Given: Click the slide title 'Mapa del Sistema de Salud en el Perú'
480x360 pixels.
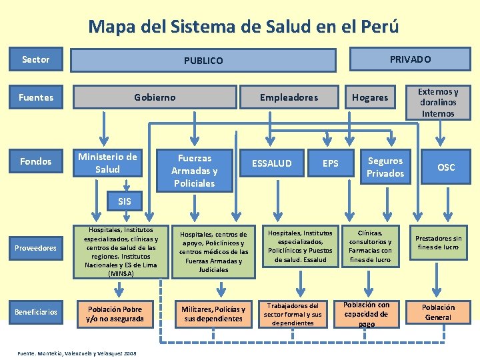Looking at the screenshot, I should coord(243,27).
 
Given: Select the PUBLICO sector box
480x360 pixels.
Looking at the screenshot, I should coord(203,61).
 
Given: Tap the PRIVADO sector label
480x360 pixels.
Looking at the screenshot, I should coord(410,59).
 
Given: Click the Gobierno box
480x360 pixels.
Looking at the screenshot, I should coord(155,97).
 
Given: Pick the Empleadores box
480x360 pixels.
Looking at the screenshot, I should coord(289,97).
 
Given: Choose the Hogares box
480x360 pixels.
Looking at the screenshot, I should coord(370,97).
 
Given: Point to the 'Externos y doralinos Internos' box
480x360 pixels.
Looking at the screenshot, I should coord(437,103).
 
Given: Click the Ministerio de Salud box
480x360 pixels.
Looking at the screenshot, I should coord(107,163).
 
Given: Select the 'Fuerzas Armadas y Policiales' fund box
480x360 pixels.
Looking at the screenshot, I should coord(194,171).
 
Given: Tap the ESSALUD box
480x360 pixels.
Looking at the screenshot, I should coord(271,163).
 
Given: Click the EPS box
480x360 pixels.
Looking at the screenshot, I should coord(330,163).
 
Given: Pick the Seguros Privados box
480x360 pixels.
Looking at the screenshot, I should coord(385,167).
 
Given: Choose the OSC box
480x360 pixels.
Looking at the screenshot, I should coord(446,167).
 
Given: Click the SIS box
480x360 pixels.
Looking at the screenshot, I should coord(124,201).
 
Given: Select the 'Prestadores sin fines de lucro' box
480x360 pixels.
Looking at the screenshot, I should coord(438,243).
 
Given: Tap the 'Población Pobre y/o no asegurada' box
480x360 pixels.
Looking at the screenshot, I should coord(115,313).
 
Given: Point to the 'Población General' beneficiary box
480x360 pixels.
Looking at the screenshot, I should coord(438,312).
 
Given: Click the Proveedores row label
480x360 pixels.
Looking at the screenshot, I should coord(36,248).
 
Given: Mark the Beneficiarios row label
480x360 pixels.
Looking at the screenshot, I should coord(36,311).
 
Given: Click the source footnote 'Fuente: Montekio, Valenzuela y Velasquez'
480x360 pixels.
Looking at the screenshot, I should coord(77,353).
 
